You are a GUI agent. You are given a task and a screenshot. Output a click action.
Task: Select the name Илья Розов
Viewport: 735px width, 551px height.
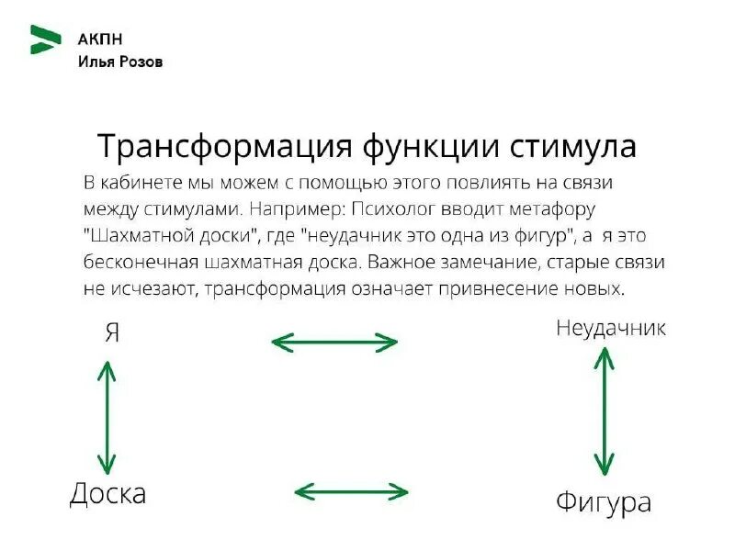[x=120, y=62]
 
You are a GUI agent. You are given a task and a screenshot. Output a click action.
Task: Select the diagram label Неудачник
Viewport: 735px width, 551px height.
[x=611, y=328]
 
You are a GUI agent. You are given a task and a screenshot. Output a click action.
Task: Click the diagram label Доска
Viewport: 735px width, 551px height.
[x=108, y=494]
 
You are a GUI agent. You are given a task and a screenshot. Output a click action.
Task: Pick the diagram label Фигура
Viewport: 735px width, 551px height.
[x=604, y=503]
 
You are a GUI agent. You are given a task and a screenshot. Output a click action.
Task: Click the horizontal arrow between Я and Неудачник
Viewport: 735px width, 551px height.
[x=334, y=343]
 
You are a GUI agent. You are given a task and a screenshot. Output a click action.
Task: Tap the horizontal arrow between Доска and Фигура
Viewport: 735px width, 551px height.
[x=352, y=491]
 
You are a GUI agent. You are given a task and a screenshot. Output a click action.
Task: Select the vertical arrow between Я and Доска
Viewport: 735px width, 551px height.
[x=107, y=417]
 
